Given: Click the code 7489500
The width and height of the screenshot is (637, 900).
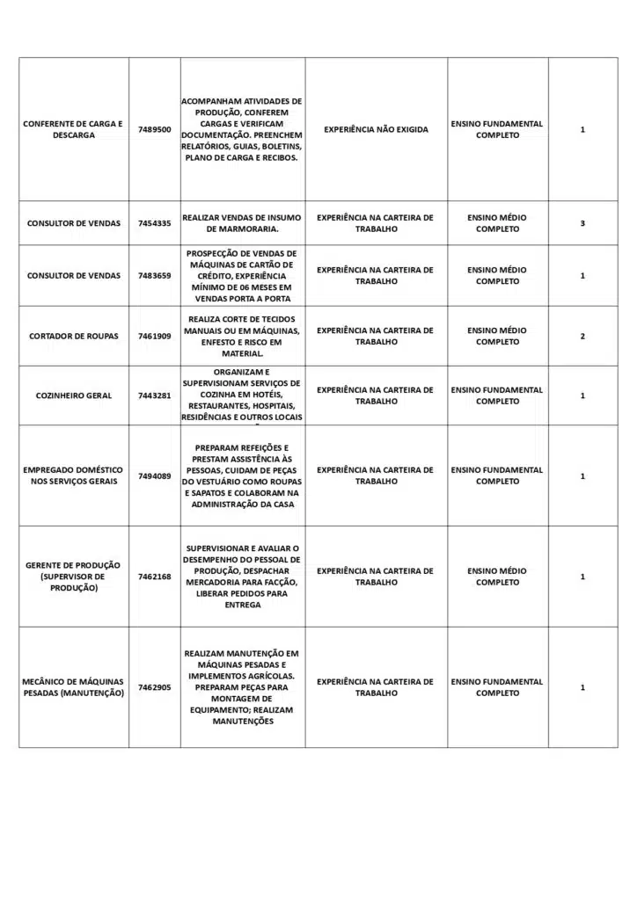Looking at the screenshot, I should coord(154,129).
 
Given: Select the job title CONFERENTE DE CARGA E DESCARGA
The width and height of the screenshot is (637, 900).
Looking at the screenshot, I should coord(74,129).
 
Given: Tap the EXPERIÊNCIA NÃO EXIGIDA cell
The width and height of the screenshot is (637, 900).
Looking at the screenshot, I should coord(376,129).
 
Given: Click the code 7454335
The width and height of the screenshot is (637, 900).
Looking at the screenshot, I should coord(154,223).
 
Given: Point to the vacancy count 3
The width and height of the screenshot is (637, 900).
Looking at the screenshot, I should coord(582,223).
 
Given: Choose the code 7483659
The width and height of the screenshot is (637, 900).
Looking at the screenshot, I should coord(154,275).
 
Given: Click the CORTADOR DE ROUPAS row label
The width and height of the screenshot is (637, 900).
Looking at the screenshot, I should coord(74,336).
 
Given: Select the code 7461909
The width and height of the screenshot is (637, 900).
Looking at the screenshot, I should coord(154,336).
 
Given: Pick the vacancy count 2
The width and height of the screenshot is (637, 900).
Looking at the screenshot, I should coord(582,336).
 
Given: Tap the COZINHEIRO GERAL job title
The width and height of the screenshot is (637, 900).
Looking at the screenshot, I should coord(74,396).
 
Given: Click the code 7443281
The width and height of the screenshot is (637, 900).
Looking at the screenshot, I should coord(154,396).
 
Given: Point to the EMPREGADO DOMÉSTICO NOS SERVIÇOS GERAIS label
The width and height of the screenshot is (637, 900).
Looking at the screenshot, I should coord(74,475).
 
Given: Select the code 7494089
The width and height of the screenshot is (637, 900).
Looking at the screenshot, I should coord(154,475).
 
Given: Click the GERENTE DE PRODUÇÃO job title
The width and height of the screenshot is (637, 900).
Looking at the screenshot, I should coord(74,577).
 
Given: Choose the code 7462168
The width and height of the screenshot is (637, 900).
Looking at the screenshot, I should coord(154,577).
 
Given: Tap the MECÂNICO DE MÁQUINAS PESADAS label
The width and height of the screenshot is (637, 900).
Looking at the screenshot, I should coord(74,687).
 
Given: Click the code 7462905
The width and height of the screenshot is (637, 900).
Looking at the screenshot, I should coord(154,687).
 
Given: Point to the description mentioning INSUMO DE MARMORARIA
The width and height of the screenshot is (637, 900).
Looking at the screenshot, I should coord(243,223).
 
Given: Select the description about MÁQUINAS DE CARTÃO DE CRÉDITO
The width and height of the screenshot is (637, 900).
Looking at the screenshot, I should coord(243,275).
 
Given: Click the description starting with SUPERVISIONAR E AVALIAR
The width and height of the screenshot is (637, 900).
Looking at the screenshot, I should coord(243,577).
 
